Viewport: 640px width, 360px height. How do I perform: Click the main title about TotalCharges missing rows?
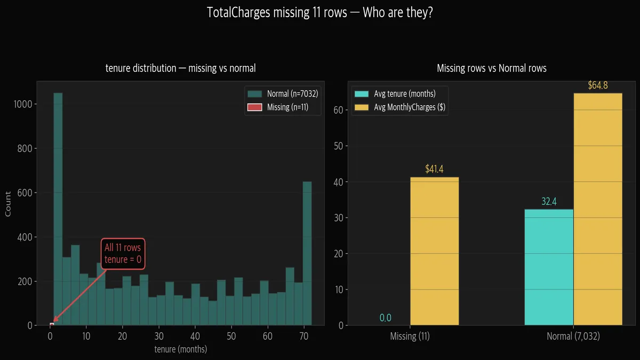(319, 13)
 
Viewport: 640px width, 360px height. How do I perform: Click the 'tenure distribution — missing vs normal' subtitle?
(180, 68)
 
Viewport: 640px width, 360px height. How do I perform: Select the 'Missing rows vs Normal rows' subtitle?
(491, 68)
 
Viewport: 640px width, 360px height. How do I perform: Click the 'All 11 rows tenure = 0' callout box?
(123, 253)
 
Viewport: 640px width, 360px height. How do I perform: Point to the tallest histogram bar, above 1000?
(58, 208)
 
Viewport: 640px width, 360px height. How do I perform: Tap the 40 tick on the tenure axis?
(195, 337)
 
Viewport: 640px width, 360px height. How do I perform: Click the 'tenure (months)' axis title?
(180, 350)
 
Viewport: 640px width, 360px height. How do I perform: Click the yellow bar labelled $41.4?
(434, 251)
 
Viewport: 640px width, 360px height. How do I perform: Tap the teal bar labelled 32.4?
(549, 267)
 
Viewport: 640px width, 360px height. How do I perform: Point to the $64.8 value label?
(597, 85)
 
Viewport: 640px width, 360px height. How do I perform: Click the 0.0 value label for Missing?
(385, 318)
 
